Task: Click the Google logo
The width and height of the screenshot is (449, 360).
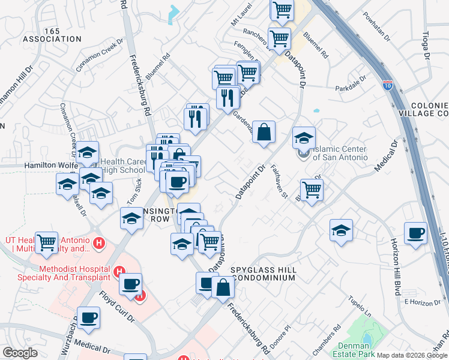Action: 20,353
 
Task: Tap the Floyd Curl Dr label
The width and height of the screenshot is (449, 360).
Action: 116,307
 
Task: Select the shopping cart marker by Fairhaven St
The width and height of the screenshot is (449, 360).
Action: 312,190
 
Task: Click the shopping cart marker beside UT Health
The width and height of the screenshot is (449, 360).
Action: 46,242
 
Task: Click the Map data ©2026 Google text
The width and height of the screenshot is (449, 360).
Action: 412,355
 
